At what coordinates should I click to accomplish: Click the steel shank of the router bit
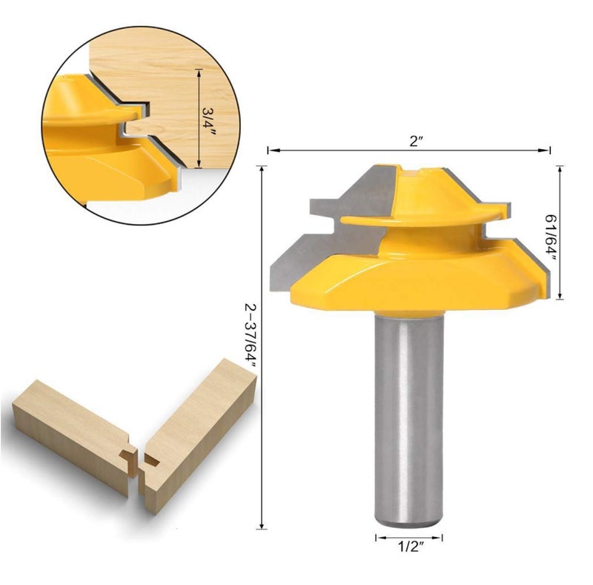[x=408, y=415]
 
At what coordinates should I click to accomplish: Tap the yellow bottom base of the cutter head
[x=415, y=285]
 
